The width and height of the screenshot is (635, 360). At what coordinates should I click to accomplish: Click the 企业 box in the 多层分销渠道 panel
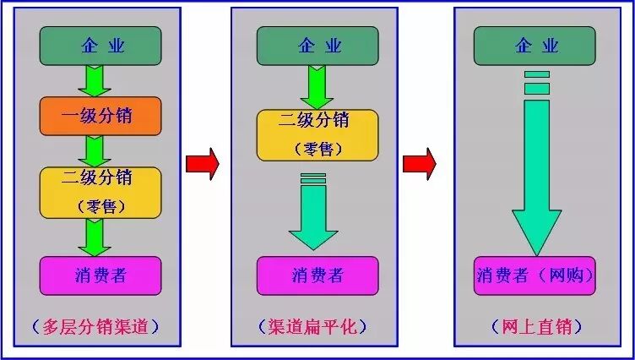(x=100, y=46)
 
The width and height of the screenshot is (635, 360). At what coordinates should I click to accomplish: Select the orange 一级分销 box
(x=100, y=116)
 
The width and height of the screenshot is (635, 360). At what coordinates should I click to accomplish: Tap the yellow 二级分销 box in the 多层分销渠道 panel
(x=100, y=189)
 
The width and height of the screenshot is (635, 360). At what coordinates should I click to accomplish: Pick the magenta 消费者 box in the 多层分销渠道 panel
(x=100, y=275)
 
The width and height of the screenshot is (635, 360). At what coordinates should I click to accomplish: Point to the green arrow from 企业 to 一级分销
(x=95, y=81)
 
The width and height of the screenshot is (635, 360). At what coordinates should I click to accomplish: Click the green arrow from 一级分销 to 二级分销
(x=95, y=150)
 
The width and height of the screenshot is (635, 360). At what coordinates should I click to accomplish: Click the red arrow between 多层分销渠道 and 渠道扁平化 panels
(x=203, y=163)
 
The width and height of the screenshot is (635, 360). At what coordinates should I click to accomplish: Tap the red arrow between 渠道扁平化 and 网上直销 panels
(x=420, y=163)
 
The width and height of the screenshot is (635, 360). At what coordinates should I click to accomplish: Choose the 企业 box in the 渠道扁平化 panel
(x=317, y=46)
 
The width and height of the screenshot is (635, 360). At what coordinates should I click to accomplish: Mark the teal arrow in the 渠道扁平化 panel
(x=313, y=215)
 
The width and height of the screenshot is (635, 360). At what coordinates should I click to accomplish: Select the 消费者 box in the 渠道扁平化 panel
(x=317, y=275)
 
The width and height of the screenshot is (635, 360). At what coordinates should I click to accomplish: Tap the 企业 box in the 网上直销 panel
(x=535, y=46)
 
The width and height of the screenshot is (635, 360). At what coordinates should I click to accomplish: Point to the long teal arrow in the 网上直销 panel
(x=536, y=169)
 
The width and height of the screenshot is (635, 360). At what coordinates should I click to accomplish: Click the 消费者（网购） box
(x=535, y=275)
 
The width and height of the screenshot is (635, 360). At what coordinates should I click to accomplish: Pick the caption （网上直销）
(x=535, y=326)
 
